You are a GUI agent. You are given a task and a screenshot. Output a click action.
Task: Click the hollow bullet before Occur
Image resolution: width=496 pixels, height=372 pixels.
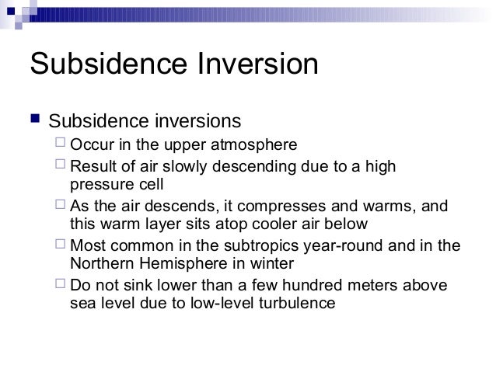click(x=60, y=144)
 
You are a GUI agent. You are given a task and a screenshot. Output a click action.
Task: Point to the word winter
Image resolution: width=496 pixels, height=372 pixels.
click(x=267, y=265)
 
